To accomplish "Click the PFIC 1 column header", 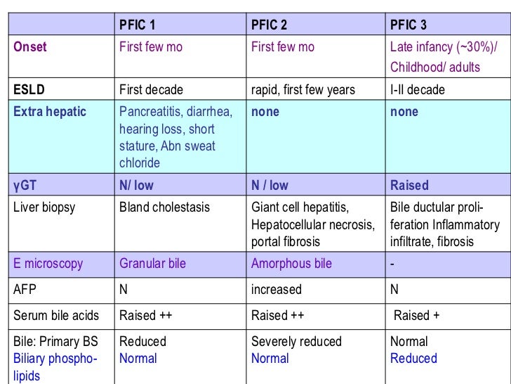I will (x=138, y=25).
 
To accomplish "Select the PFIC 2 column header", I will (x=270, y=25).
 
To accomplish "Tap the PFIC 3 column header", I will (x=409, y=25).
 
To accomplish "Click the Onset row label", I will (x=31, y=47).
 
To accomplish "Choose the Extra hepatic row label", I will (x=49, y=112).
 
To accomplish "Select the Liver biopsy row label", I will (x=44, y=208).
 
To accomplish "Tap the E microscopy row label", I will (x=48, y=264).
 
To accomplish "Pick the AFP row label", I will (x=24, y=290).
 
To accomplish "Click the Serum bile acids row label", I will (x=56, y=316).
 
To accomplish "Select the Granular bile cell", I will (x=152, y=264).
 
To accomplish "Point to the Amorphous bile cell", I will (x=291, y=264).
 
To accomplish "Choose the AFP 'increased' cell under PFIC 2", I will (x=276, y=290).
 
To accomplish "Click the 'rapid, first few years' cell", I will (x=303, y=89).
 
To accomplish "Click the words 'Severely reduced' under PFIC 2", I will (x=296, y=342).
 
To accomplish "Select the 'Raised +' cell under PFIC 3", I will (x=416, y=316).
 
